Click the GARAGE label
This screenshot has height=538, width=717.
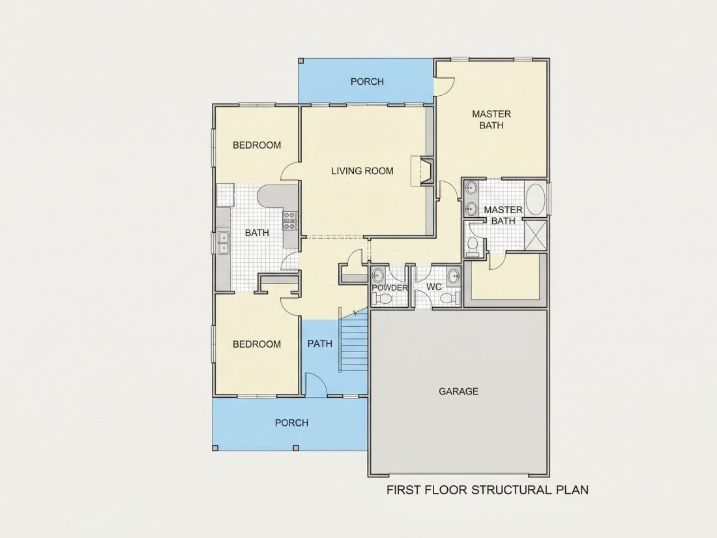coord(458,391)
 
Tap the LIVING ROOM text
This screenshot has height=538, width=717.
coord(362,171)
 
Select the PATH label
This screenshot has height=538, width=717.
coord(319,344)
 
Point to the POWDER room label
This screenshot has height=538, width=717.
coord(389,288)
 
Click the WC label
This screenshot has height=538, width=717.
coord(434,287)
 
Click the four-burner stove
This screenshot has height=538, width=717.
coord(289,220)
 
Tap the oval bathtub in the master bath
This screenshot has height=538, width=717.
coord(535,200)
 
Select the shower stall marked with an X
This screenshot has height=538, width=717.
coord(535,235)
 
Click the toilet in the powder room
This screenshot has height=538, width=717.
coord(382,299)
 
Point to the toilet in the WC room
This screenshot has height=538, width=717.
coord(450,298)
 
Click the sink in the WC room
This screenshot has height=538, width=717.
coord(454,276)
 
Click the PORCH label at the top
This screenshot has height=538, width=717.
coord(367,82)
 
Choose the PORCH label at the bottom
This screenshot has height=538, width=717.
coord(292,423)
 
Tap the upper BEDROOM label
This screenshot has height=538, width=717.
coord(257,145)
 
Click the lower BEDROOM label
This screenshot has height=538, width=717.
coord(257,344)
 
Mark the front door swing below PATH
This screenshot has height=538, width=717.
coord(315,383)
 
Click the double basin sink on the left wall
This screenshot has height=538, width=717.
coord(223,243)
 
